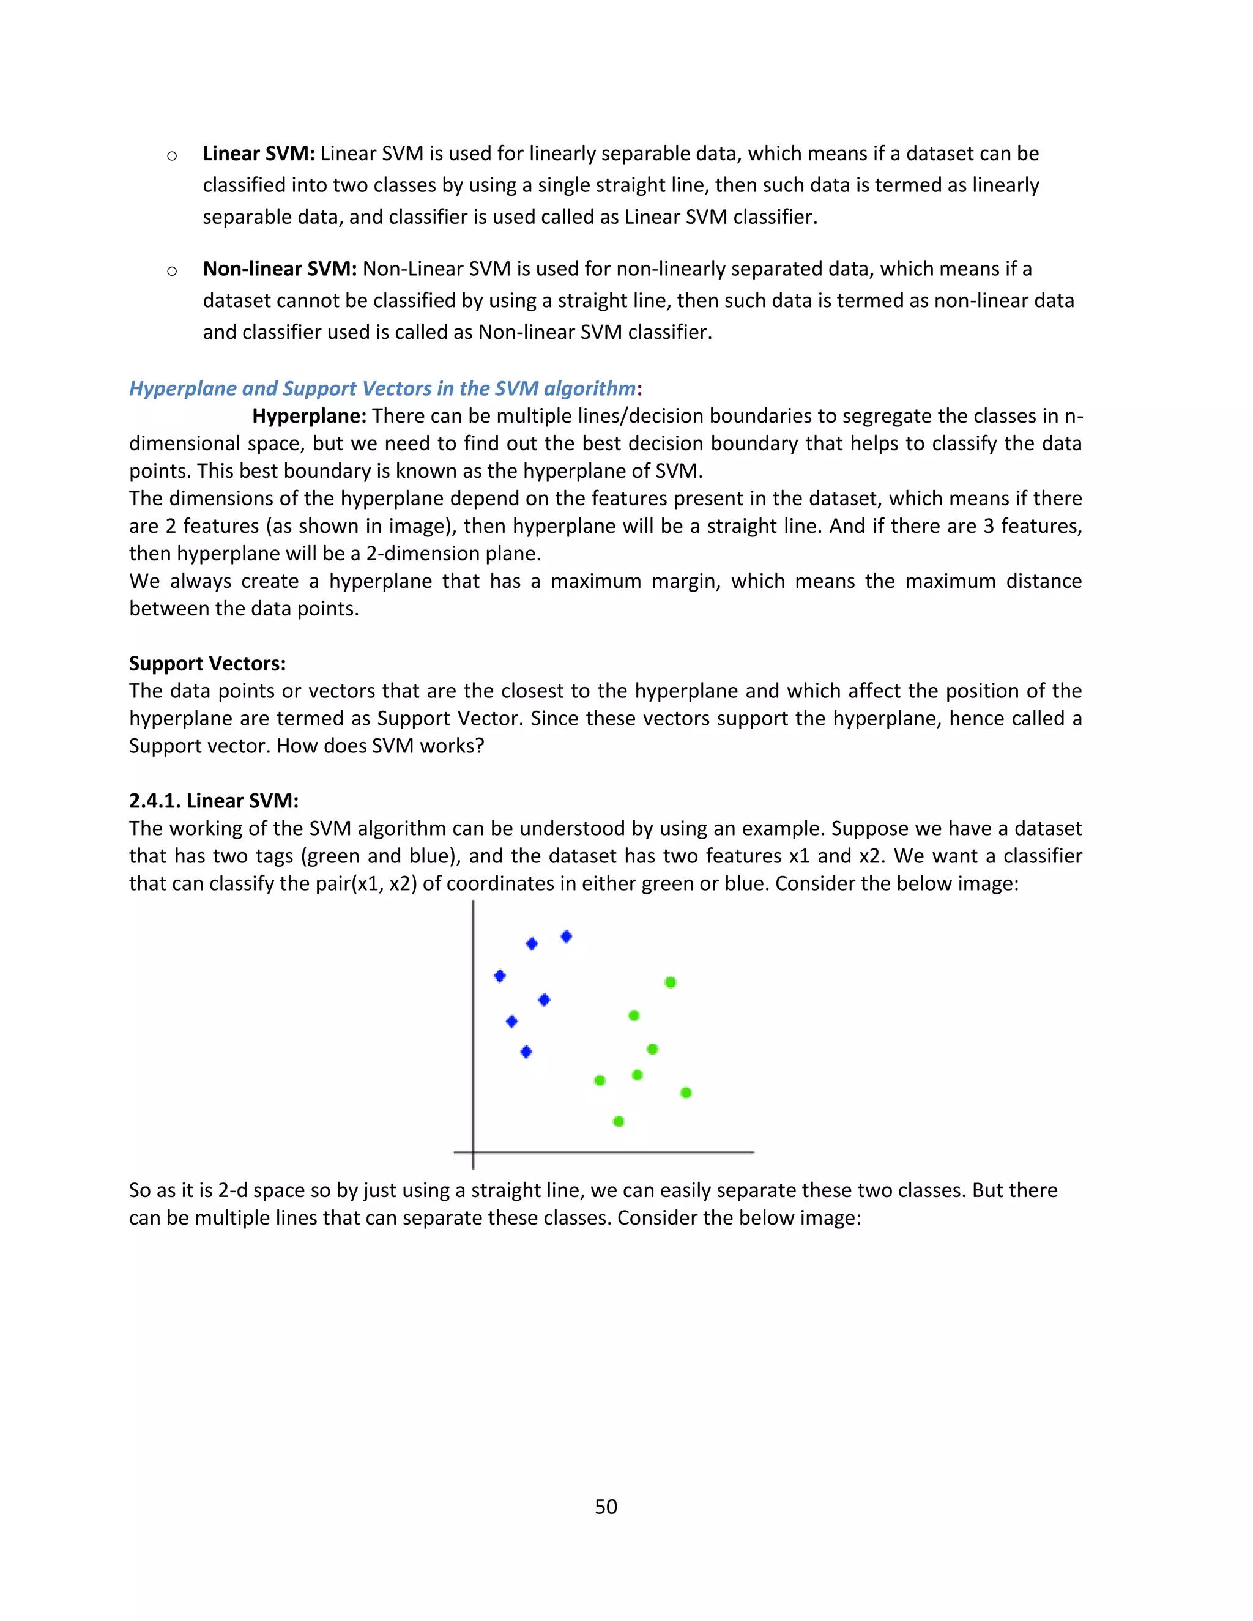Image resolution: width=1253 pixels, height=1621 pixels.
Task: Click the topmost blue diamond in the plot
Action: coord(567,937)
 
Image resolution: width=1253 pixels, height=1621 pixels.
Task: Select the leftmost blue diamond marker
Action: coord(500,976)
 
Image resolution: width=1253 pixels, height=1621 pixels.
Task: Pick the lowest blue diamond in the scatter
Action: coord(526,1052)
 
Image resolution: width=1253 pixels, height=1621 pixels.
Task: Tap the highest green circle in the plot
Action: coord(671,983)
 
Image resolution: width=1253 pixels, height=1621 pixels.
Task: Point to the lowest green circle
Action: coord(619,1121)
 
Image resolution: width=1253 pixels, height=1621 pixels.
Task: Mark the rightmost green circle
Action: coord(686,1092)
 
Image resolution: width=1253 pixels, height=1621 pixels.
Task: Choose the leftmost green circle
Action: coord(600,1081)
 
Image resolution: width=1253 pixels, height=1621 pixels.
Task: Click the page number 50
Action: coord(606,1507)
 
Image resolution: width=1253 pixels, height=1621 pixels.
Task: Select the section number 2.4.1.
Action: coord(154,801)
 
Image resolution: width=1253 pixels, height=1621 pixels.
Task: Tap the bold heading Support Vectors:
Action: coord(207,664)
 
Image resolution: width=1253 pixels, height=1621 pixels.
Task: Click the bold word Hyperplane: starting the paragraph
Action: coord(309,417)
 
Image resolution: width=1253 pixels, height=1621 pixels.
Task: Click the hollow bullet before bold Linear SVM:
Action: coord(172,155)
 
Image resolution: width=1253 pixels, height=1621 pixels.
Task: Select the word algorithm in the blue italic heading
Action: coord(589,389)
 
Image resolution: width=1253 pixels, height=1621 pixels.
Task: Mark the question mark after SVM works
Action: coord(480,746)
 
